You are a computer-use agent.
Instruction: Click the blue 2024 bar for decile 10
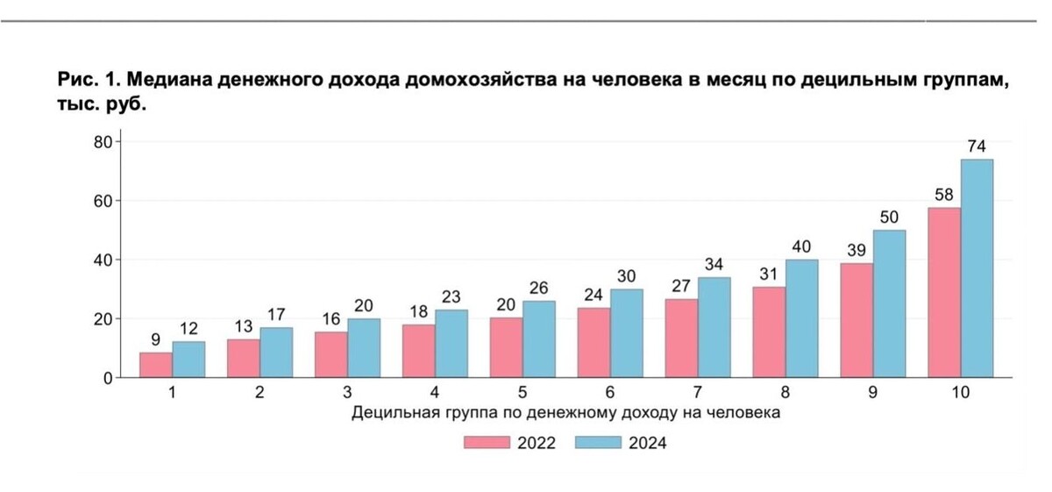pyautogui.click(x=977, y=268)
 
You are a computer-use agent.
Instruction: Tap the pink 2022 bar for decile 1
pyautogui.click(x=156, y=365)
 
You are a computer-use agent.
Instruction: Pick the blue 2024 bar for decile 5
pyautogui.click(x=539, y=339)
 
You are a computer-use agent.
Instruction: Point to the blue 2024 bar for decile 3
pyautogui.click(x=364, y=348)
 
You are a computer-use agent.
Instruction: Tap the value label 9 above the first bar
pyautogui.click(x=156, y=339)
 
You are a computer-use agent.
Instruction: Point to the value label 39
pyautogui.click(x=857, y=250)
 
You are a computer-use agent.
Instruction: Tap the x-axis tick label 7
pyautogui.click(x=698, y=393)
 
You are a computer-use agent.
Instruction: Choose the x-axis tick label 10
pyautogui.click(x=960, y=393)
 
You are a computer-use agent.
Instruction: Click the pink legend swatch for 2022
pyautogui.click(x=487, y=443)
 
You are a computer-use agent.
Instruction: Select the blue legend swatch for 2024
pyautogui.click(x=598, y=443)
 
